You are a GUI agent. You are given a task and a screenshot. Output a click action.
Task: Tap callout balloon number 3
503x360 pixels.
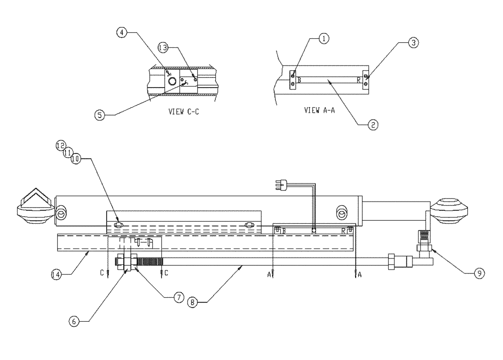412,43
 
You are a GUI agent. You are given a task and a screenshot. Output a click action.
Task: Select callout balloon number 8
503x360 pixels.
192,303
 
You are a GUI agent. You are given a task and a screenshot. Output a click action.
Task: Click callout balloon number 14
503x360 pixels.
57,275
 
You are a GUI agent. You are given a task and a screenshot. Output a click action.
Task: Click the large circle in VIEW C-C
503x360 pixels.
172,81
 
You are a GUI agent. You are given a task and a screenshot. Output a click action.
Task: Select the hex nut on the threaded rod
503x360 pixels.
125,261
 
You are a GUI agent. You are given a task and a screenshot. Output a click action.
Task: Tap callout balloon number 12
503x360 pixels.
60,145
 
